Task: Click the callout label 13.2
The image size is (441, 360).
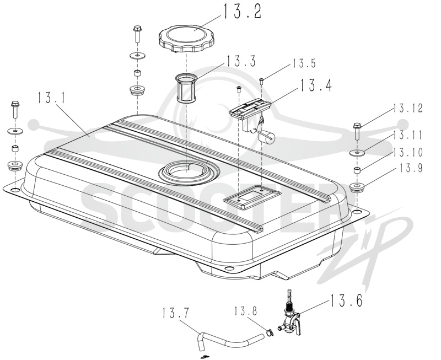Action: tap(243, 12)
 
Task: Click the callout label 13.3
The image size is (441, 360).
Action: tap(241, 61)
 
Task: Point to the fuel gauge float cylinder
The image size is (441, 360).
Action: tap(266, 138)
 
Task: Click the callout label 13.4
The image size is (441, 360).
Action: tap(316, 85)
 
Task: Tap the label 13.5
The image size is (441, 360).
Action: tap(304, 63)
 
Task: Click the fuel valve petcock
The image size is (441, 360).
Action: tap(291, 317)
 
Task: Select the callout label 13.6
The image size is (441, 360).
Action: tap(346, 300)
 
